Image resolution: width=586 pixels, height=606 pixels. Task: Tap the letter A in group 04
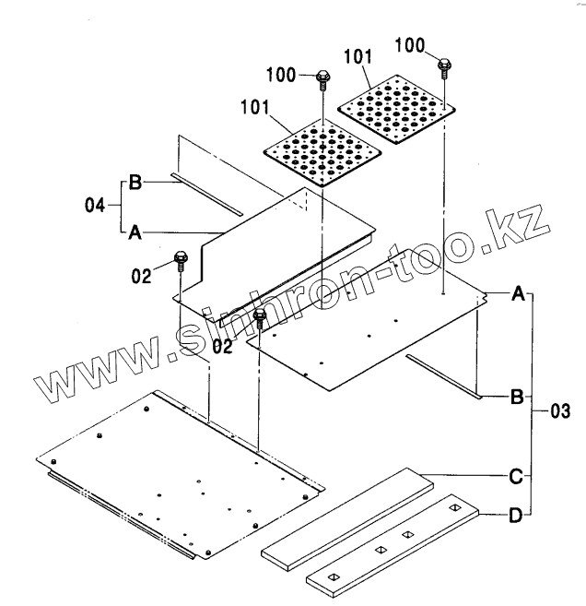134,234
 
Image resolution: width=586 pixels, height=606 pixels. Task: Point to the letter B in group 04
135,183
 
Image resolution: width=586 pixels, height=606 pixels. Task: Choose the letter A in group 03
518,294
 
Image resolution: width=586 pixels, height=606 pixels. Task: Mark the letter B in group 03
517,398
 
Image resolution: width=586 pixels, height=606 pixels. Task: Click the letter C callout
518,476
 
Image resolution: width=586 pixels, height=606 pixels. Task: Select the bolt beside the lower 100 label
322,77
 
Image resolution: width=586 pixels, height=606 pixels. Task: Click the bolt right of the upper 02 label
181,263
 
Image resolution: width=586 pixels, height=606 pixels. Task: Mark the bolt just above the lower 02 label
260,319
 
